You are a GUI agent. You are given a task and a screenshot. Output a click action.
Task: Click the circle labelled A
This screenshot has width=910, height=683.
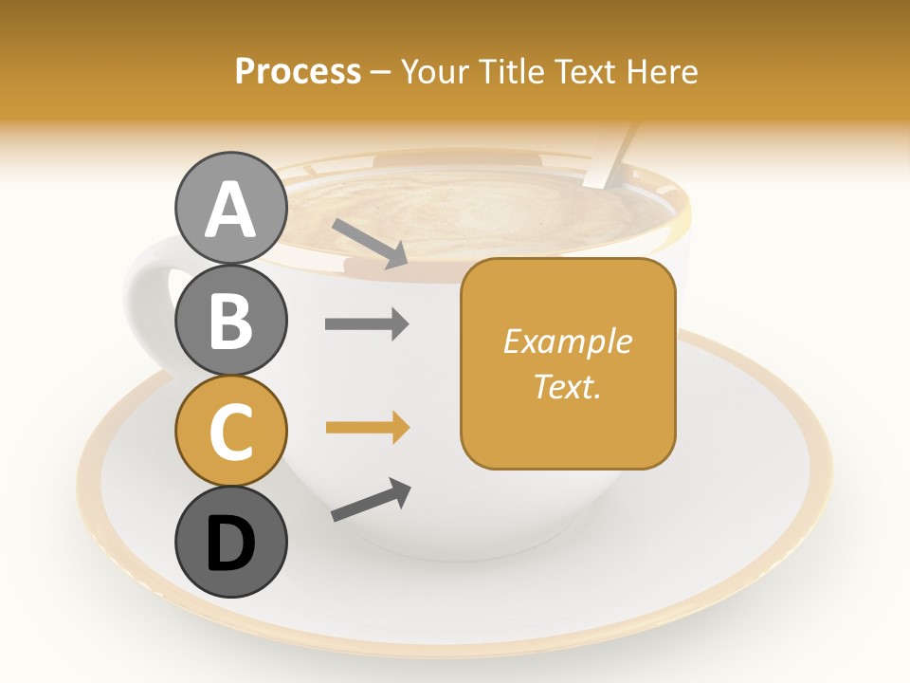(230, 209)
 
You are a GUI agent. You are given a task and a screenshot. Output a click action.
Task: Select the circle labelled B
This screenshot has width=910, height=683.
(230, 320)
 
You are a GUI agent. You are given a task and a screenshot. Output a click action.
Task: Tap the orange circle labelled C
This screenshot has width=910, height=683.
(230, 431)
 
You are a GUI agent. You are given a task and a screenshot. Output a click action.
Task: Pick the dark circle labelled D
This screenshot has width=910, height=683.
(230, 542)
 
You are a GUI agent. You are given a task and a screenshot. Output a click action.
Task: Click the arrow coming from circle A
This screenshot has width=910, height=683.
(370, 243)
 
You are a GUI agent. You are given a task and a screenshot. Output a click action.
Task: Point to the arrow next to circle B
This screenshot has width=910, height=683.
(367, 324)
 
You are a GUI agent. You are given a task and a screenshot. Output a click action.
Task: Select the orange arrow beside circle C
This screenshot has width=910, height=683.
(367, 429)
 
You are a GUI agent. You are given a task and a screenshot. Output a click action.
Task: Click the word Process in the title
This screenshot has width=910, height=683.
(298, 71)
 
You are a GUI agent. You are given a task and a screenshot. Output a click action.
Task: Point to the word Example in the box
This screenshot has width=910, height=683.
(567, 341)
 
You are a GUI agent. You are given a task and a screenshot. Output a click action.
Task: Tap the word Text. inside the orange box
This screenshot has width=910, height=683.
(567, 386)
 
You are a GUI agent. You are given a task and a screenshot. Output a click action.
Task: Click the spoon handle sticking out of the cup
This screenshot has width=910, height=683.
(608, 157)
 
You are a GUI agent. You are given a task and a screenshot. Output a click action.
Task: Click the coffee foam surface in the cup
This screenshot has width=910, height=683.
(474, 213)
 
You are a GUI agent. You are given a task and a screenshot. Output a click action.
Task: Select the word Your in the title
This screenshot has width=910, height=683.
(432, 71)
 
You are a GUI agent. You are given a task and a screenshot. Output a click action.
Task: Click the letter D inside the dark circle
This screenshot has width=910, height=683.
(230, 544)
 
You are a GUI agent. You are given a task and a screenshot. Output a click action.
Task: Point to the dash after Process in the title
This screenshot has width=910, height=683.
(380, 72)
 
